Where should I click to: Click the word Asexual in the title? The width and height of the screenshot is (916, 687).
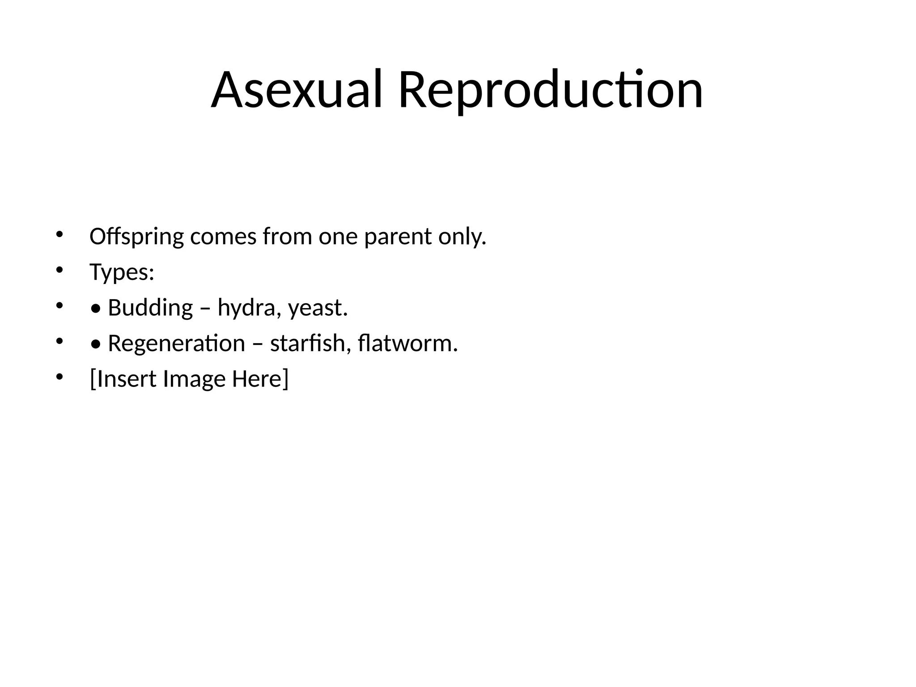pos(297,90)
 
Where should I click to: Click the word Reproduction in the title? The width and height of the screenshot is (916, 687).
pos(550,90)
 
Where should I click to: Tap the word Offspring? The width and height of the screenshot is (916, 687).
pos(136,237)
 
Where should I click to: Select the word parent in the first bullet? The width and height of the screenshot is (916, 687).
pos(398,237)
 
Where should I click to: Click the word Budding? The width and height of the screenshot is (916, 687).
pos(150,308)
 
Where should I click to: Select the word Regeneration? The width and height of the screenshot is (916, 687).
pos(176,343)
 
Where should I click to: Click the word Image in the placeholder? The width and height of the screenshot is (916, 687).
pos(194,379)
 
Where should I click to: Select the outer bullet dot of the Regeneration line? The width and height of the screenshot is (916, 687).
pos(59,341)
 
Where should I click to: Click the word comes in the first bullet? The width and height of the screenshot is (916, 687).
pos(223,237)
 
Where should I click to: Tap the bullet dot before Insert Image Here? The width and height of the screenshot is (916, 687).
pos(59,377)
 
